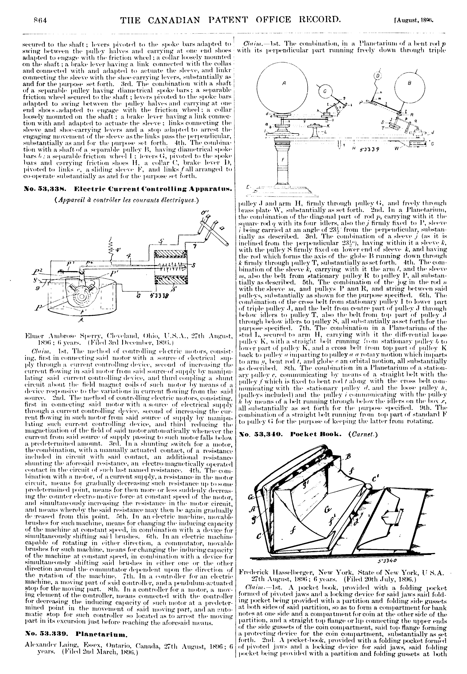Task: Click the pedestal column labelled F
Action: (x=283, y=161)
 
